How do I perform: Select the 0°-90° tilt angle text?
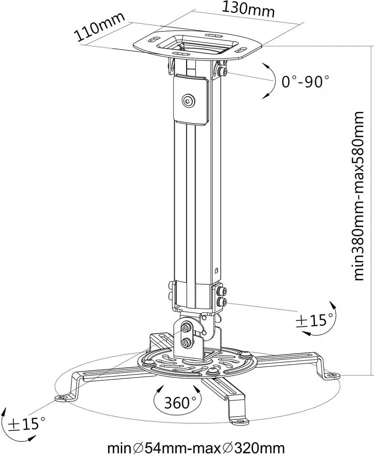tap(305, 82)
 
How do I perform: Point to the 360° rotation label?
tap(177, 402)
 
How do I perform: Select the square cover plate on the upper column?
tap(190, 99)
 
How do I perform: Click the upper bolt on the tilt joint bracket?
tap(186, 328)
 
